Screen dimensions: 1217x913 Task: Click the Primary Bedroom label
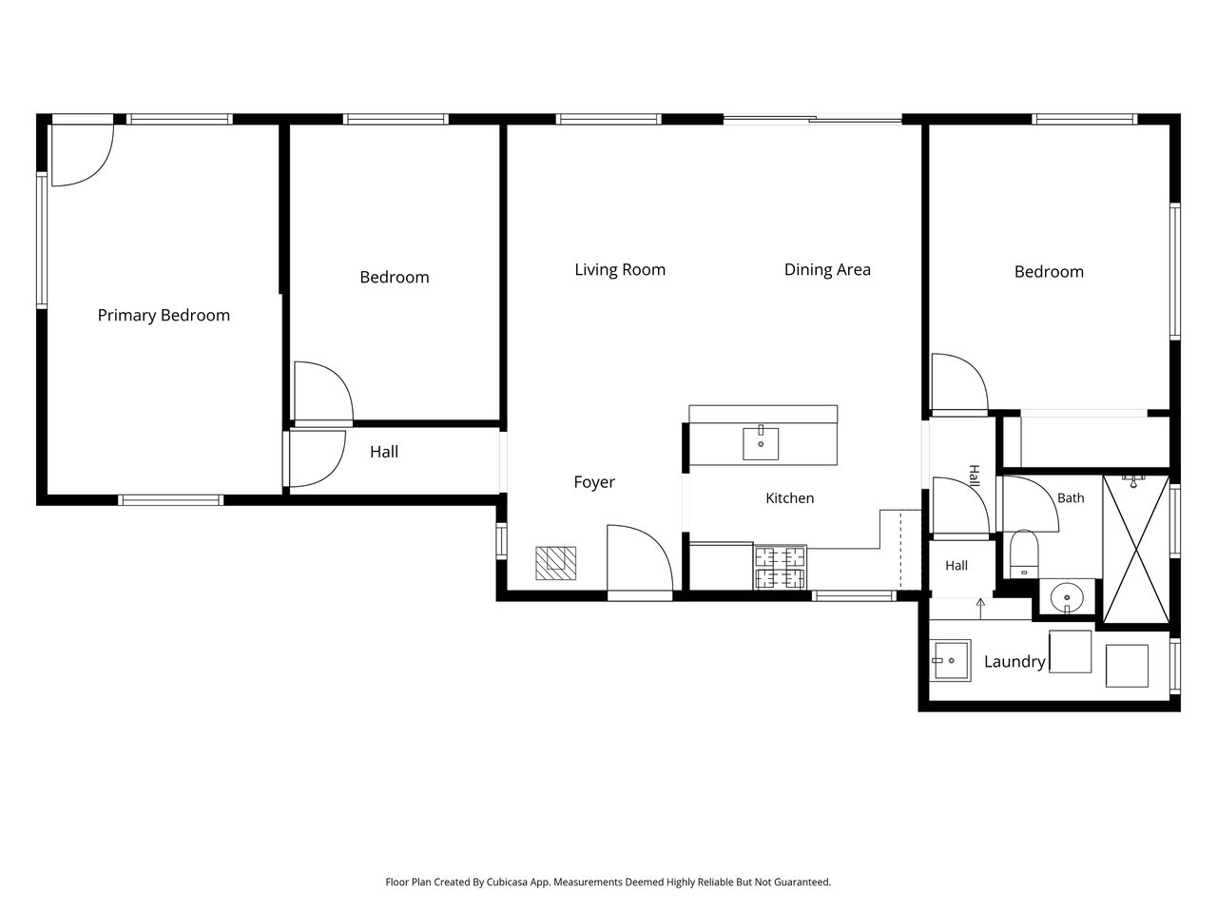(x=164, y=316)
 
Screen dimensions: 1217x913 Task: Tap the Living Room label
(x=620, y=270)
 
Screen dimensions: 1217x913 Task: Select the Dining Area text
(x=827, y=270)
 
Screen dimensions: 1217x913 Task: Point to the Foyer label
(x=594, y=482)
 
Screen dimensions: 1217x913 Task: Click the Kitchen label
(x=789, y=498)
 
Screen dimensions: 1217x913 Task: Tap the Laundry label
(x=1014, y=661)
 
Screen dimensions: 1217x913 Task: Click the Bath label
(x=1071, y=497)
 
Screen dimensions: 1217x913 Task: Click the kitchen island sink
(x=761, y=443)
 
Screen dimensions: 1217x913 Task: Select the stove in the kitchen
(x=780, y=567)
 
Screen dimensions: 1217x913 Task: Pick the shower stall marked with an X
(x=1136, y=550)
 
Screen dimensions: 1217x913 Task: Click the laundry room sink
(x=950, y=660)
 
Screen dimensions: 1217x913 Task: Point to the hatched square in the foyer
(x=555, y=563)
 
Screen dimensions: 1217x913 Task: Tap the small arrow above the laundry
(x=980, y=609)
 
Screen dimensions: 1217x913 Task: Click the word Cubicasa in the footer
(x=507, y=882)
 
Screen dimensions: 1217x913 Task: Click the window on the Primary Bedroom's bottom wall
(x=171, y=500)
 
